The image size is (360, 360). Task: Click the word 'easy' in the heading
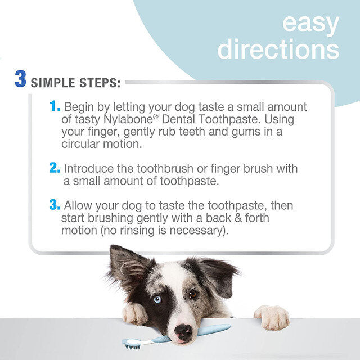click(310, 24)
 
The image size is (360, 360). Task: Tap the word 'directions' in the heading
click(278, 49)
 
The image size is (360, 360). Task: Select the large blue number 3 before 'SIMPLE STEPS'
click(21, 79)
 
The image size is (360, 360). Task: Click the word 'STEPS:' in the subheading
click(101, 83)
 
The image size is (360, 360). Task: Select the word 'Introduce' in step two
click(92, 169)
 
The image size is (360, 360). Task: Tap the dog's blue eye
click(157, 299)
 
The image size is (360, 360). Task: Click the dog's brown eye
click(193, 294)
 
